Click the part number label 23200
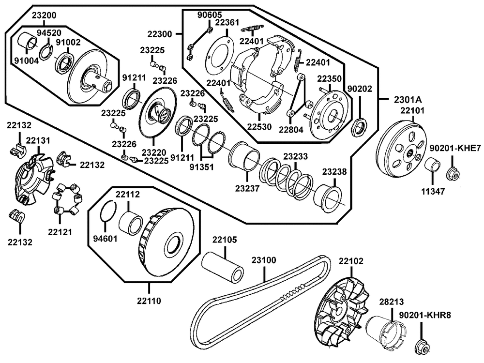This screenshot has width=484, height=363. pyautogui.click(x=44, y=15)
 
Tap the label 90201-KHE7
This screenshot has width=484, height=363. pyautogui.click(x=455, y=149)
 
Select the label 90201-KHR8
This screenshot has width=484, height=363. pyautogui.click(x=425, y=315)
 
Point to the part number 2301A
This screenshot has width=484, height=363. pyautogui.click(x=408, y=100)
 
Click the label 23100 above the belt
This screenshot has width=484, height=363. pyautogui.click(x=264, y=260)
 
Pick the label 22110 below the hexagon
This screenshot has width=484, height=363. pyautogui.click(x=149, y=301)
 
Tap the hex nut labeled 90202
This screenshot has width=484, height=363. pyautogui.click(x=360, y=126)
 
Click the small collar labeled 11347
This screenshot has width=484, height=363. pyautogui.click(x=433, y=166)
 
